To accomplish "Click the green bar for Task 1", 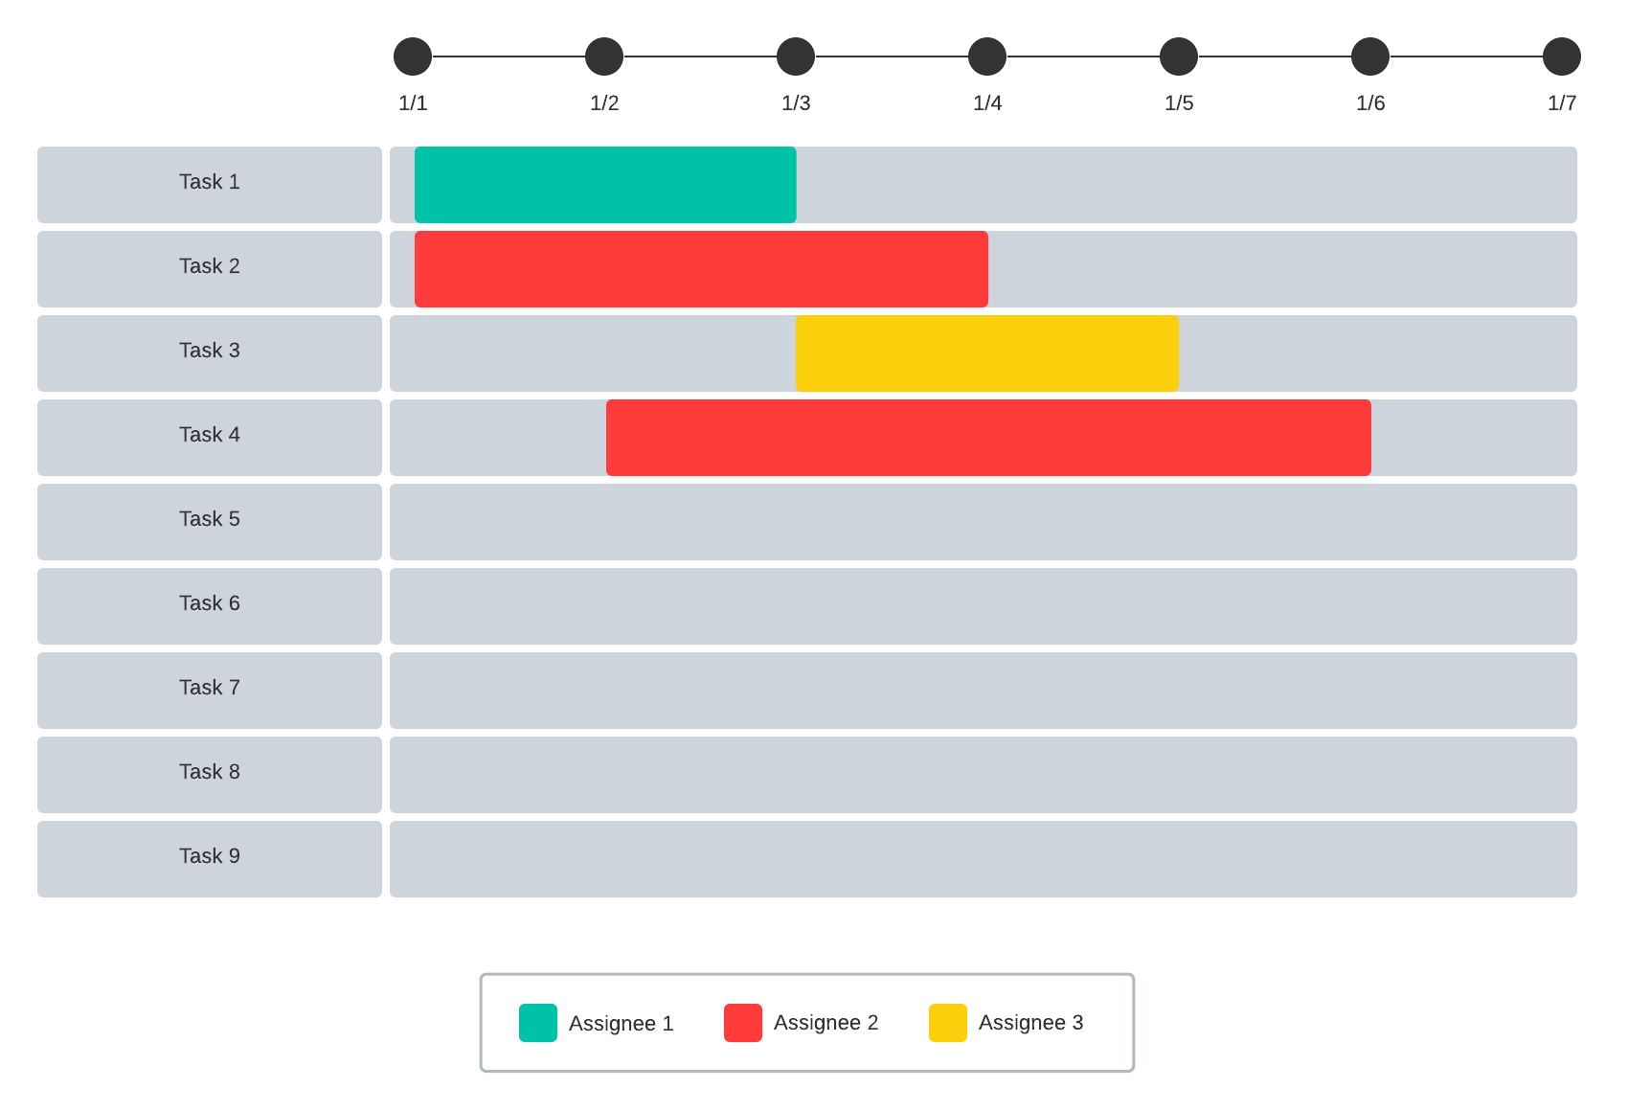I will click(x=605, y=185).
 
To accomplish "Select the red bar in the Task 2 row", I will click(x=701, y=269).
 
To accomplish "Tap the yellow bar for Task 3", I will click(x=987, y=353).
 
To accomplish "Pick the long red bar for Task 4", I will click(x=988, y=438).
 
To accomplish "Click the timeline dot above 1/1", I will click(x=413, y=57).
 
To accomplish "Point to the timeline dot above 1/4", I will click(x=987, y=57).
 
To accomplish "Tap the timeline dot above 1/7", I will click(x=1562, y=57).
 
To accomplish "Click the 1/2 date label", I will click(x=604, y=103).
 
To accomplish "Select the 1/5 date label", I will click(x=1179, y=103).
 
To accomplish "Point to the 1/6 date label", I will click(x=1370, y=103).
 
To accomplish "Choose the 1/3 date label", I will click(x=796, y=103).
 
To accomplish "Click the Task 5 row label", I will click(x=210, y=519).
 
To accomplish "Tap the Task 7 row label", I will click(x=210, y=688).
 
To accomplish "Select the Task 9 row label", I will click(x=210, y=856).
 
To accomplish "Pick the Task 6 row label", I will click(x=210, y=603).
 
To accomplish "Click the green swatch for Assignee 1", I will click(x=538, y=1023).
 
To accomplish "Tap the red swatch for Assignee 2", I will click(x=743, y=1023).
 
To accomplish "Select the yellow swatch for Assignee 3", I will click(x=948, y=1023).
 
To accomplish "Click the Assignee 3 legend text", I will click(x=1030, y=1023).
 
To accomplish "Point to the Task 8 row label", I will click(x=210, y=772).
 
